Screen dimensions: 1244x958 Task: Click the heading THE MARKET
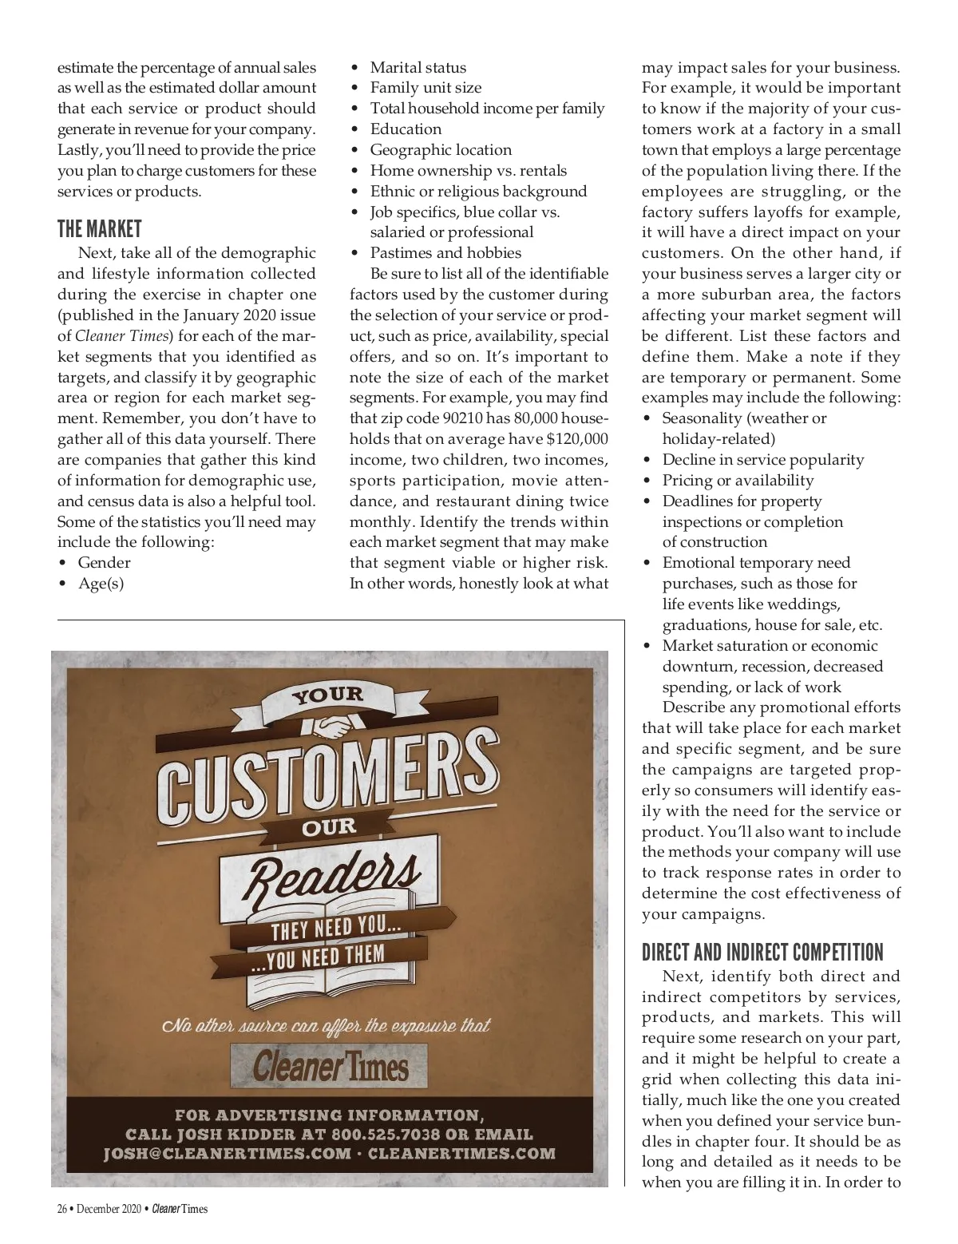99,230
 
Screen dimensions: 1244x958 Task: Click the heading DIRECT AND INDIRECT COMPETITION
762,953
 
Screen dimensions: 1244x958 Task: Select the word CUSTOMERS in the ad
327,774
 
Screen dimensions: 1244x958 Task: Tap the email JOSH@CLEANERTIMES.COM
227,1154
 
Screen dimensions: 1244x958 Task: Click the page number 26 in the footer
61,1209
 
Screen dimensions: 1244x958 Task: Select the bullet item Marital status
418,68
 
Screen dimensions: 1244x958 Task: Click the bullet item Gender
104,563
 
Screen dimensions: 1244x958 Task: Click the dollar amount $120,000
576,439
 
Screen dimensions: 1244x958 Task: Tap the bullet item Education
406,129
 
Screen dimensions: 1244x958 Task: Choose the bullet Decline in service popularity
762,460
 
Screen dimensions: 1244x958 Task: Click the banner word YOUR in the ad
327,695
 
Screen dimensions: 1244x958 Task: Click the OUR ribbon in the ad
328,827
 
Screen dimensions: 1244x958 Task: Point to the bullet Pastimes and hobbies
445,253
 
